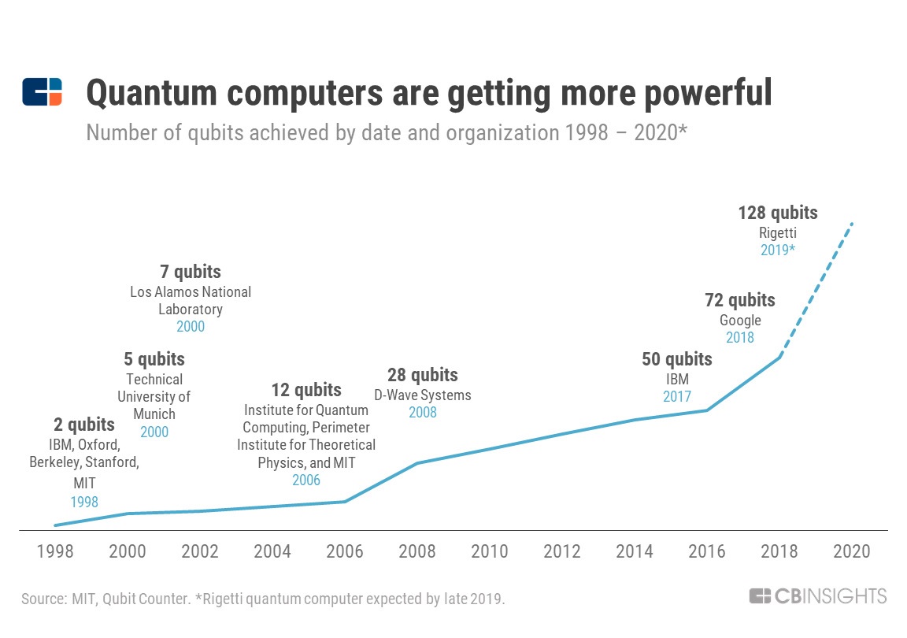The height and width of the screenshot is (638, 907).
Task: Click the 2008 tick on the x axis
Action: coord(417,551)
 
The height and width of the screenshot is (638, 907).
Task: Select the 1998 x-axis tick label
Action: coord(55,551)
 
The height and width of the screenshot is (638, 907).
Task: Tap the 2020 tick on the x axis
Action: coord(852,551)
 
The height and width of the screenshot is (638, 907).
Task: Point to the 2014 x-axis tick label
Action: coord(635,551)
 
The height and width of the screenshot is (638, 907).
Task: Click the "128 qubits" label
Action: coord(778,213)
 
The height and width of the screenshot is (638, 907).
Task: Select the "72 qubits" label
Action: coord(740,300)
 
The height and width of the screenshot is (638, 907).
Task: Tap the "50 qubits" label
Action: coord(677,360)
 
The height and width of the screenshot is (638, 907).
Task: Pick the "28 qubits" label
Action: coord(423,375)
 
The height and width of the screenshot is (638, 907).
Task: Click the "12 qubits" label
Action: coord(306,390)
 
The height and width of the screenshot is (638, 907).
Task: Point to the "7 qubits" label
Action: coord(191,273)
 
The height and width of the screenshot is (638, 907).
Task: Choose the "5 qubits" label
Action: coord(154,360)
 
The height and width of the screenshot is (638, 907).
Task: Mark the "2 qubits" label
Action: coord(84,426)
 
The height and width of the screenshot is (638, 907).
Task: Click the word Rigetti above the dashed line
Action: coord(778,232)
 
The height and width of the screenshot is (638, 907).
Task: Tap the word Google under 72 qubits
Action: coord(740,320)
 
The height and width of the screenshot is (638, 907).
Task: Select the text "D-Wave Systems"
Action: coord(423,395)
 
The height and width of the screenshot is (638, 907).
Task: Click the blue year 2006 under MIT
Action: coord(306,480)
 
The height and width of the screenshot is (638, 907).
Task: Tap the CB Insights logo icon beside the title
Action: coord(42,92)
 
